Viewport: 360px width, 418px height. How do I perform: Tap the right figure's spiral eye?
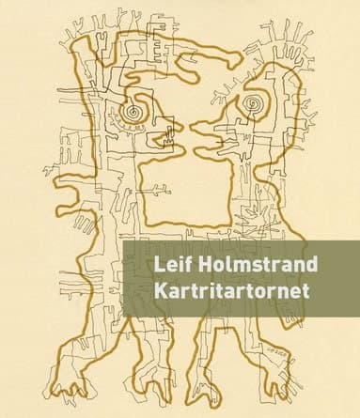tap(253, 101)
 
